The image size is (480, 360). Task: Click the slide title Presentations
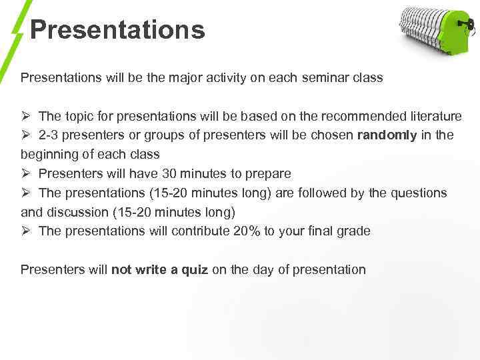tap(117, 30)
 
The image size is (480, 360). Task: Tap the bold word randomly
tap(387, 135)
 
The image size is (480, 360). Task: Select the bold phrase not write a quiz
tap(159, 270)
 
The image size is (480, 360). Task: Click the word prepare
tap(269, 174)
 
